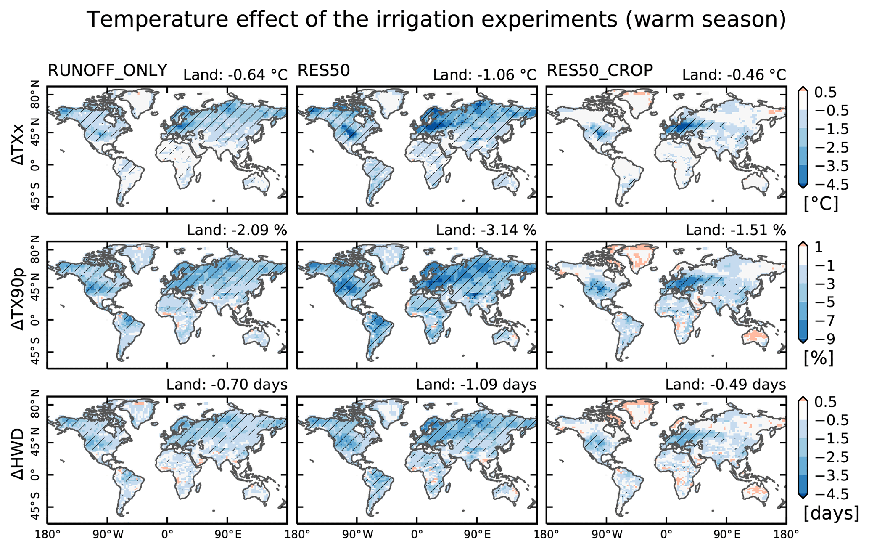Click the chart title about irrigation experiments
pyautogui.click(x=436, y=19)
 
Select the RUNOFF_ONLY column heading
pyautogui.click(x=108, y=71)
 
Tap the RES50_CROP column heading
pyautogui.click(x=600, y=71)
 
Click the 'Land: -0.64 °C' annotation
pyautogui.click(x=235, y=75)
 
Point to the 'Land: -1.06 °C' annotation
pyautogui.click(x=485, y=75)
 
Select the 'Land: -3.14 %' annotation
pyautogui.click(x=486, y=230)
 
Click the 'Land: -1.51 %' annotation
pyautogui.click(x=736, y=230)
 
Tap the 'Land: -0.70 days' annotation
pyautogui.click(x=227, y=385)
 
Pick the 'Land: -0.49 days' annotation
pyautogui.click(x=726, y=385)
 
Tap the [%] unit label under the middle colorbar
pyautogui.click(x=819, y=358)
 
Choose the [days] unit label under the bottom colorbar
pyautogui.click(x=831, y=513)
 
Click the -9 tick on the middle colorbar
pyautogui.click(x=825, y=339)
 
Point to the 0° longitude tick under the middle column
pyautogui.click(x=417, y=535)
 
